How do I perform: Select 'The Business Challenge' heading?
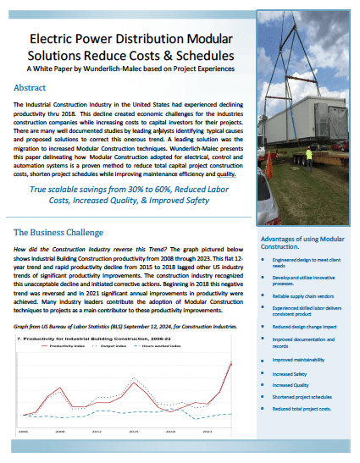56,231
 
